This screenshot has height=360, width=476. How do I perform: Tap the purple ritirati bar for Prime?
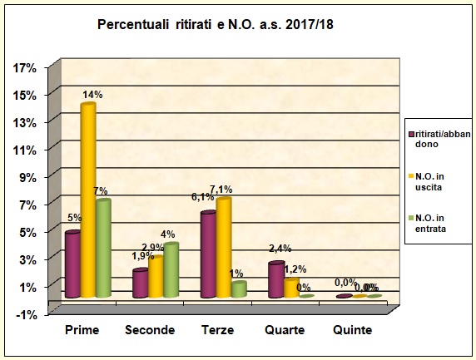pos(72,264)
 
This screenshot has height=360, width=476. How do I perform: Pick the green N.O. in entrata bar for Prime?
pos(102,248)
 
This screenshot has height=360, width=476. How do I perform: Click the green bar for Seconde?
pos(171,269)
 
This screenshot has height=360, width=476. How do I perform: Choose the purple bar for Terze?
pos(208,254)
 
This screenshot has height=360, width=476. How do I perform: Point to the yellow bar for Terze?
pos(223,247)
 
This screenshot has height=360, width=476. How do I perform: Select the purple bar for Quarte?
pos(275,279)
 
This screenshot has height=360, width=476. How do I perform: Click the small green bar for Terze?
pos(239,288)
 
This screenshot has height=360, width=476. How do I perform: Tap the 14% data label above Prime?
pos(92,95)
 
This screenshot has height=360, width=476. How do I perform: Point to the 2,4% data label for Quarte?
pos(280,248)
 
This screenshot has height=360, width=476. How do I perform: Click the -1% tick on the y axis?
pos(26,313)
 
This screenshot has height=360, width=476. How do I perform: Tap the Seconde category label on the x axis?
pos(150,331)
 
